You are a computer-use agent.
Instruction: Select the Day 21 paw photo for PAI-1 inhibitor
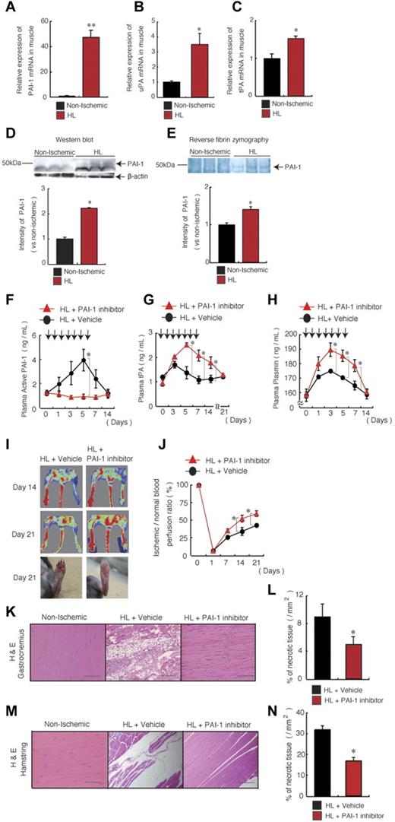click(x=107, y=571)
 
